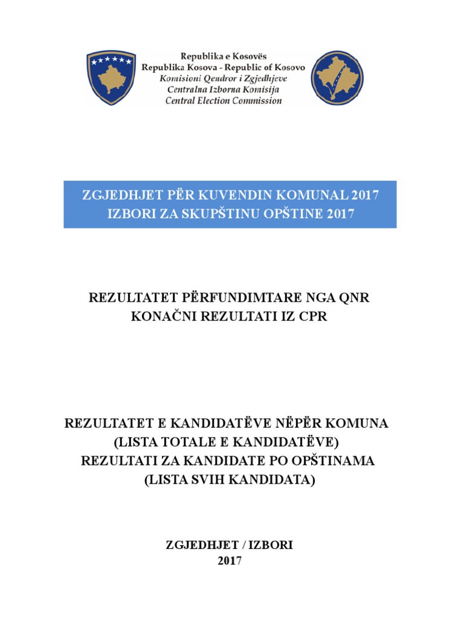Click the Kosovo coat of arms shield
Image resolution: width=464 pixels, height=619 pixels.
(x=110, y=77)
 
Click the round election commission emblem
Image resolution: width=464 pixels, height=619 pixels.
(x=338, y=77)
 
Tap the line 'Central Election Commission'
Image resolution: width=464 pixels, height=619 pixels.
(x=224, y=101)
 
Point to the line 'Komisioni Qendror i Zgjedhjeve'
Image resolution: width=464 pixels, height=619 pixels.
(x=224, y=79)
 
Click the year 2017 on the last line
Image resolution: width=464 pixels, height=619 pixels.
(x=230, y=561)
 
